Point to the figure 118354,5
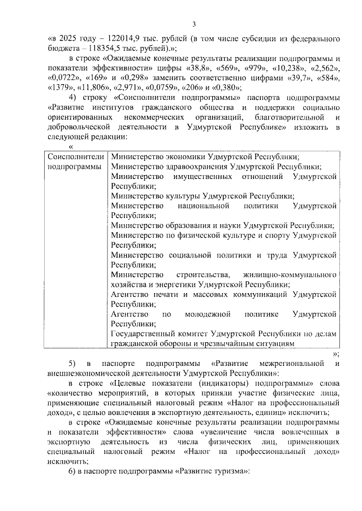[104, 49]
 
